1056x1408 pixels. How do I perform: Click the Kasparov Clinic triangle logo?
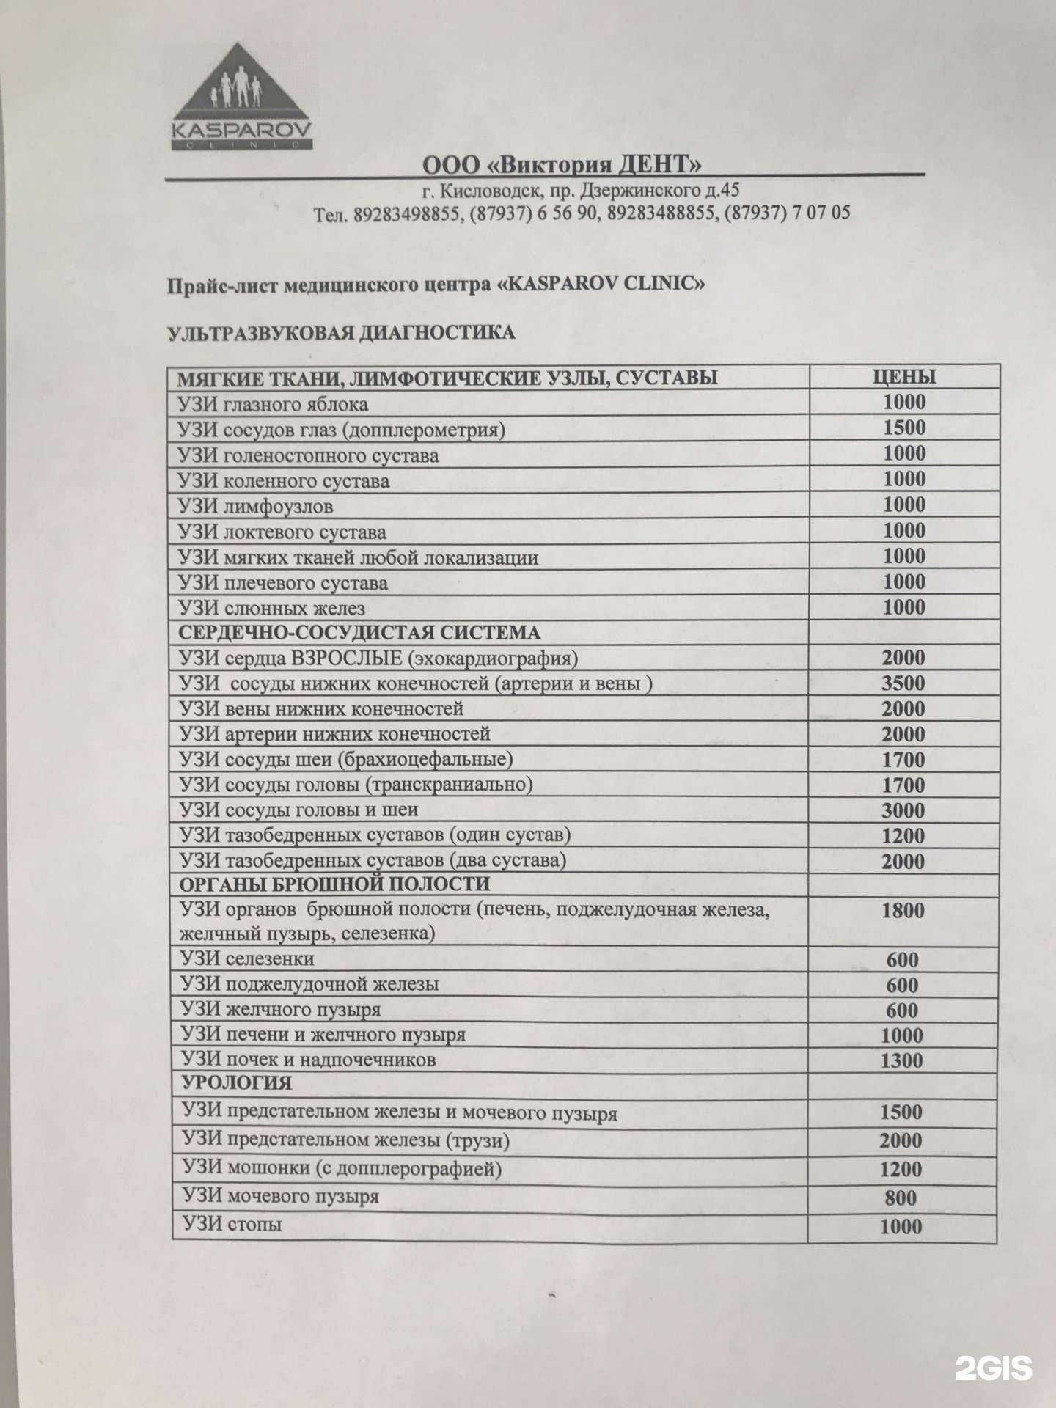click(x=241, y=98)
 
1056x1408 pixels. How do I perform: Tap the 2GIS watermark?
click(x=993, y=1367)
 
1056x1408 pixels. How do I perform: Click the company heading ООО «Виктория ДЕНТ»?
click(x=562, y=165)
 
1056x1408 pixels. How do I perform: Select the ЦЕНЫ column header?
click(x=903, y=377)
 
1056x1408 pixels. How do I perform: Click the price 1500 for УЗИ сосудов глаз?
click(x=903, y=428)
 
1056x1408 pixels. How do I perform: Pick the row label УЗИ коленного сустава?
click(x=283, y=481)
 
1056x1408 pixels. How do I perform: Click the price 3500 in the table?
click(x=903, y=683)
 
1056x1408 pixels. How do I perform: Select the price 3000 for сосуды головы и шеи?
click(x=903, y=810)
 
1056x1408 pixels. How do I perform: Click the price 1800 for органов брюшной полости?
click(x=903, y=911)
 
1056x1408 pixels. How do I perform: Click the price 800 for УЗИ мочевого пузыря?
click(x=901, y=1198)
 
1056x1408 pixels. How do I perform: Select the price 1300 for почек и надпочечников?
click(x=902, y=1060)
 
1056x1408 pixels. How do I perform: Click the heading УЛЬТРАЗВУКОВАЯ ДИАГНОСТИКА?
click(x=342, y=333)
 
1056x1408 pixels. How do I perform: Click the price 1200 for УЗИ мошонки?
click(x=901, y=1170)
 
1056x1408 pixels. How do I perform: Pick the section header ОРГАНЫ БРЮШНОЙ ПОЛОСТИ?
click(x=334, y=884)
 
